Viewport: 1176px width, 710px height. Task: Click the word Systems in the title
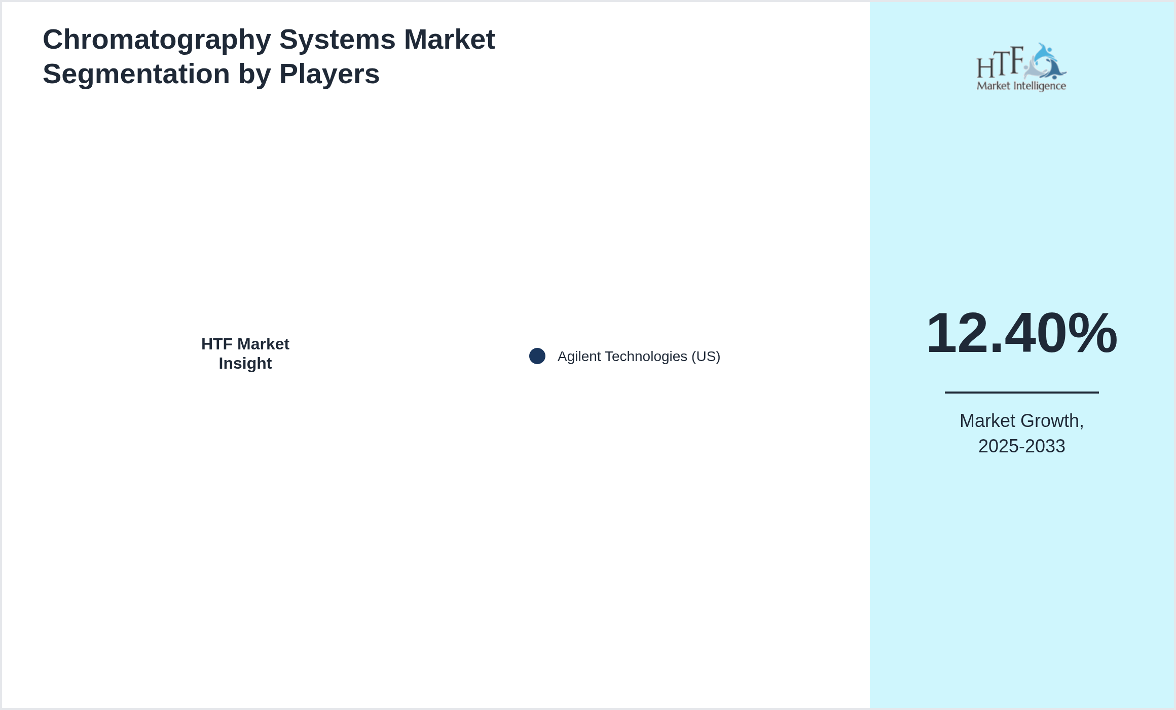tap(337, 40)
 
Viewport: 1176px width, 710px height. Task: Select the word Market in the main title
tap(449, 39)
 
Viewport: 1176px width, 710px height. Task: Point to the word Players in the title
tap(329, 75)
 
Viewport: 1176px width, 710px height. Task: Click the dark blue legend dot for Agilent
tap(537, 356)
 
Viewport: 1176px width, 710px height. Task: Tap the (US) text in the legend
tap(706, 357)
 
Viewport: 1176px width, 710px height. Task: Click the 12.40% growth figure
tap(1021, 333)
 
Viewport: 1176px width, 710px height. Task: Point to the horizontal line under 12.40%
tap(1021, 392)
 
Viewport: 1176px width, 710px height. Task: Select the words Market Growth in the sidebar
tap(1021, 421)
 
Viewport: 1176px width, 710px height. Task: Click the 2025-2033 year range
tap(1021, 446)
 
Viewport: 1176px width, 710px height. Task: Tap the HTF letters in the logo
tap(1000, 62)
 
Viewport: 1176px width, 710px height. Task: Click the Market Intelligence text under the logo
tap(1021, 86)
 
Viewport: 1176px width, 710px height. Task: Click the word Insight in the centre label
tap(245, 364)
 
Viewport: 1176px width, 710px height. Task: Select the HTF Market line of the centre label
tap(245, 344)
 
